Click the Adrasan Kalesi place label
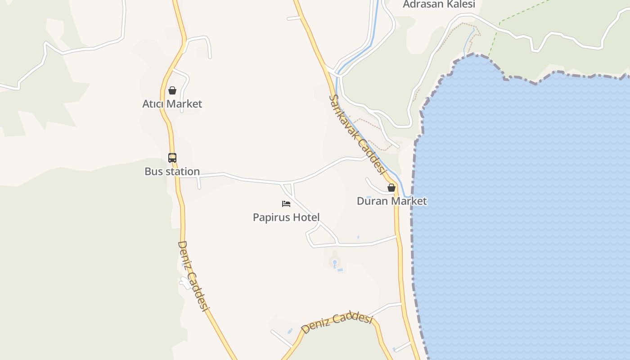(x=439, y=4)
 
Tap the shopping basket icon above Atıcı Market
(x=172, y=90)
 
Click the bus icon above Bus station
(x=172, y=157)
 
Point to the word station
(x=182, y=171)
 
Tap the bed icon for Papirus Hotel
(x=286, y=203)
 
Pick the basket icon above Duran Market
(x=391, y=188)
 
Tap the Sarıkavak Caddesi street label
(x=357, y=134)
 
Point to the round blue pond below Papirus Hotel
(x=334, y=262)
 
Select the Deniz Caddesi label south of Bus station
(x=193, y=276)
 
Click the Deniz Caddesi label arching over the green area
(x=337, y=322)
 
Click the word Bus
(x=153, y=171)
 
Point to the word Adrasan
(x=421, y=4)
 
